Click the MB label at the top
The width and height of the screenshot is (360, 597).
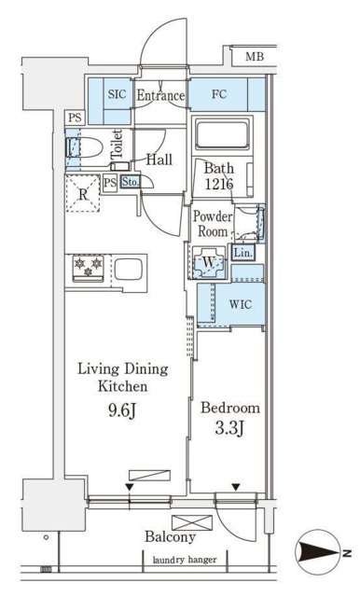pyautogui.click(x=255, y=57)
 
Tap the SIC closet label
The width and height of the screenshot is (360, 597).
pyautogui.click(x=117, y=94)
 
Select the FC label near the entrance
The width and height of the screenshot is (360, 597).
pyautogui.click(x=219, y=94)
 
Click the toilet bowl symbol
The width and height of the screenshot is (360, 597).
pyautogui.click(x=84, y=147)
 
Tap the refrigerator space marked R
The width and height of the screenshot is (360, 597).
pyautogui.click(x=83, y=193)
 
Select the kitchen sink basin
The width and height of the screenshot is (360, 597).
pyautogui.click(x=129, y=270)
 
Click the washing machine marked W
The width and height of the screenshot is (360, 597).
pyautogui.click(x=209, y=263)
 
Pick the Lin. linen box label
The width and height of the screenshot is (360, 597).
pyautogui.click(x=242, y=253)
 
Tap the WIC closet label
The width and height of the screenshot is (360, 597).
pyautogui.click(x=241, y=305)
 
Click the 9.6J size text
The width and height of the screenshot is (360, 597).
pyautogui.click(x=122, y=410)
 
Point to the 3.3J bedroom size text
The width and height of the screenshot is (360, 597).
pyautogui.click(x=229, y=428)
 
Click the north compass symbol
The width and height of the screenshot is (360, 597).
pyautogui.click(x=320, y=551)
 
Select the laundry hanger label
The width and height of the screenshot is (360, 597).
pyautogui.click(x=185, y=560)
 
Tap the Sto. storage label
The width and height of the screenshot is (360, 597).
pyautogui.click(x=131, y=182)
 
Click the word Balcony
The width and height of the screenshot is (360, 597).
pyautogui.click(x=170, y=537)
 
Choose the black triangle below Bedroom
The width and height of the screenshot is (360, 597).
pyautogui.click(x=236, y=487)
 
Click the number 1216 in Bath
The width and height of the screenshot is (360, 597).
pyautogui.click(x=219, y=185)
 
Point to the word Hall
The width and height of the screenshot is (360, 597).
pyautogui.click(x=159, y=160)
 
